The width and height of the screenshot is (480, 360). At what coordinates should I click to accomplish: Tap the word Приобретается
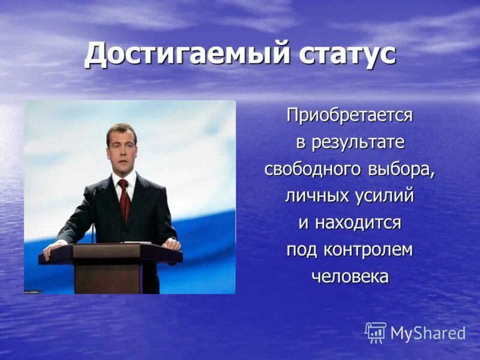coord(349,115)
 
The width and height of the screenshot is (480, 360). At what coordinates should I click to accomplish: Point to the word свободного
coord(311,170)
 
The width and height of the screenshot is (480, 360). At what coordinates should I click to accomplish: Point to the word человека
coord(349,276)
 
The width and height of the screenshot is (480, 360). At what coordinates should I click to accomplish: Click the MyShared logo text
coord(428,334)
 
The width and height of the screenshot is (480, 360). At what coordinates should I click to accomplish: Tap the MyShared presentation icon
coord(376,332)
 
